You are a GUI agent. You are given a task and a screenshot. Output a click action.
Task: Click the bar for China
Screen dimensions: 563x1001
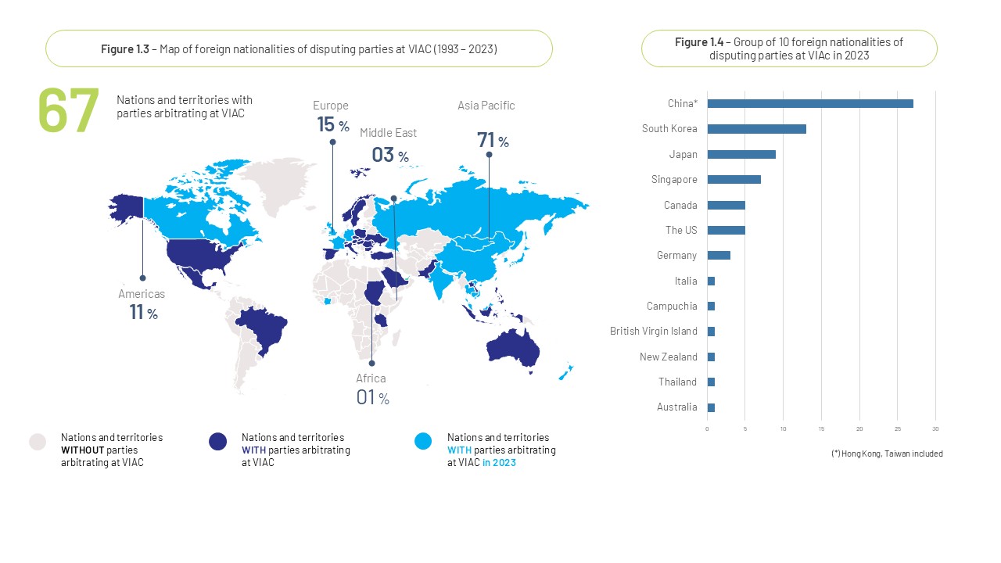(809, 104)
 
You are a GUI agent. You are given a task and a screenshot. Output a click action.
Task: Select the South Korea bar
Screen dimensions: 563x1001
(756, 129)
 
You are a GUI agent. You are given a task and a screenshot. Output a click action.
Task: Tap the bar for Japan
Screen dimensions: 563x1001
(741, 154)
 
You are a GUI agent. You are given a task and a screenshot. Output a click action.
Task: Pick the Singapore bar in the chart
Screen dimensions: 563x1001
(734, 180)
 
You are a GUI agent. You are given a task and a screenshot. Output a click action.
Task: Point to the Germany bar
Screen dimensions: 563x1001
(719, 256)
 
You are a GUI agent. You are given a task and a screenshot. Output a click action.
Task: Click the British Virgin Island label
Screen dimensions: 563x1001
(653, 332)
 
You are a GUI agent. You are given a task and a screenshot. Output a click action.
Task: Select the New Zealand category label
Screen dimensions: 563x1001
(668, 357)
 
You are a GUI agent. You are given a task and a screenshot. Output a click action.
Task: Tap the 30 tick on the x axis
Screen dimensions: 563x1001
(935, 429)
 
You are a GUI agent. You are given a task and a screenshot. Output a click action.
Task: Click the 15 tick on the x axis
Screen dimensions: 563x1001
(821, 429)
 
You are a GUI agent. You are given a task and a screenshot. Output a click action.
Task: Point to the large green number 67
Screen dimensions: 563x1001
(69, 111)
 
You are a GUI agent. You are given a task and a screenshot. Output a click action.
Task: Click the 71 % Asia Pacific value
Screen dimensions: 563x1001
(493, 141)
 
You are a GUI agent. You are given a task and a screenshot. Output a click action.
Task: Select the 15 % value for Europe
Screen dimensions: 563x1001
(332, 124)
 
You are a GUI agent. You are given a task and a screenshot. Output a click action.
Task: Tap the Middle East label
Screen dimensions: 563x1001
(388, 133)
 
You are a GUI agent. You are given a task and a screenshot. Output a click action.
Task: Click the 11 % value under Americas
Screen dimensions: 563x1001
(143, 313)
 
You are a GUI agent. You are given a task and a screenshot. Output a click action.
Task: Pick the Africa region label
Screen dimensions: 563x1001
(371, 378)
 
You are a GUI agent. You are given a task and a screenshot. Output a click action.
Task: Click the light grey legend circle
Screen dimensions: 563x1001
(38, 442)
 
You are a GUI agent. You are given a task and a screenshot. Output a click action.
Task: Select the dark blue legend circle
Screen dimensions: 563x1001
(218, 442)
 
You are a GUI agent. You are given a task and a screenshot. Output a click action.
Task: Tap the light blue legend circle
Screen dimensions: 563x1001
(423, 442)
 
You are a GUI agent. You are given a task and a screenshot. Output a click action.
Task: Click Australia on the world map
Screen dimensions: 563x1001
(513, 345)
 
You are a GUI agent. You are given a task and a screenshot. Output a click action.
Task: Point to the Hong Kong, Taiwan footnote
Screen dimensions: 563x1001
(887, 454)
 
